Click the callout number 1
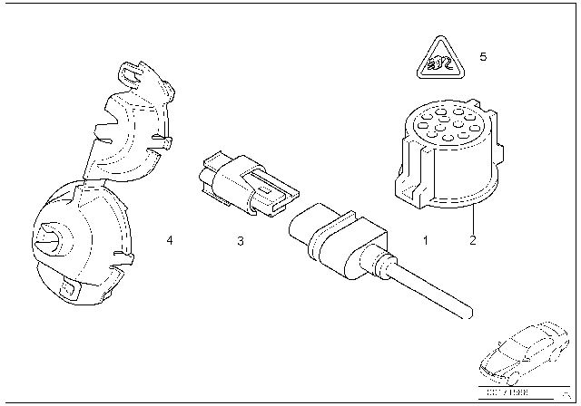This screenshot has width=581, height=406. click(x=423, y=241)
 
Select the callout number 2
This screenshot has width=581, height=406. click(x=472, y=241)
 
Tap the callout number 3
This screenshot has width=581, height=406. click(x=240, y=241)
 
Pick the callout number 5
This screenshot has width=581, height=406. click(x=483, y=57)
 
